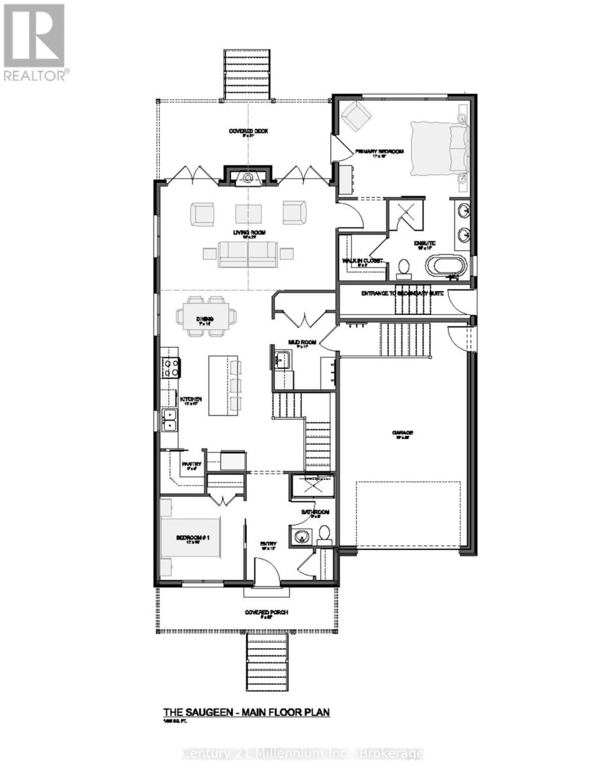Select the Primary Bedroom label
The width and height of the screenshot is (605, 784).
pyautogui.click(x=379, y=152)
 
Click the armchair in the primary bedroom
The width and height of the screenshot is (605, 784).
pyautogui.click(x=356, y=115)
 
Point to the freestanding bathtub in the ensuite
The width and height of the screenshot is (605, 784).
pyautogui.click(x=446, y=267)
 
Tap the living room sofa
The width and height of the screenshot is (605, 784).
pyautogui.click(x=249, y=254)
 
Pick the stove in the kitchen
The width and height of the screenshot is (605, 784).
pyautogui.click(x=171, y=368)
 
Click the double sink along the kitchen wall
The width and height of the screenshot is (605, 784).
pyautogui.click(x=169, y=421)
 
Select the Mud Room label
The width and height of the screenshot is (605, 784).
pyautogui.click(x=303, y=342)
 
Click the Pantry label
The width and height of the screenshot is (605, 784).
pyautogui.click(x=191, y=465)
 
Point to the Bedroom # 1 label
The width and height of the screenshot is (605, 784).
pyautogui.click(x=191, y=538)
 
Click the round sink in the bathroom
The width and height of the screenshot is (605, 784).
pyautogui.click(x=301, y=538)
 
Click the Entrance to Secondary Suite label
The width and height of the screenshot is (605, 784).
pyautogui.click(x=403, y=294)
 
